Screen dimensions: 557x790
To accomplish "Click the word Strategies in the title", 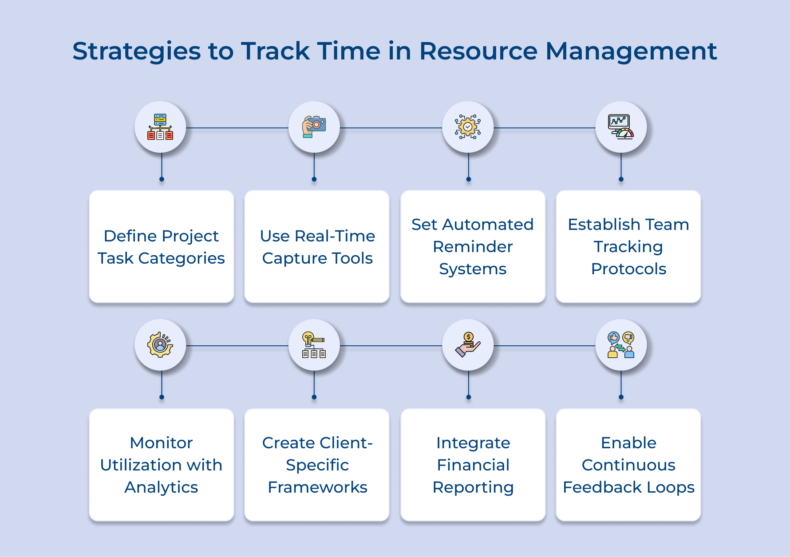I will point(137,51).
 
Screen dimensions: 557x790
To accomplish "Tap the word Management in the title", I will point(631,51).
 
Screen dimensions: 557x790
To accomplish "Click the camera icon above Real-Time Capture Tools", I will point(314,127).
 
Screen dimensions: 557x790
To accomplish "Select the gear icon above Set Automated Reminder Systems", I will point(468,127).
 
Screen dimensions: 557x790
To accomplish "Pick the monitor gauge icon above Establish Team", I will point(621,127).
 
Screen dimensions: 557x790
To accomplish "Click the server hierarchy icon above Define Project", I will point(160,127).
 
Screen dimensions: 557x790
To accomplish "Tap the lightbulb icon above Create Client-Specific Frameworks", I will point(314,345).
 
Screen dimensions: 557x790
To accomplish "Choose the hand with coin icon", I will point(468,345).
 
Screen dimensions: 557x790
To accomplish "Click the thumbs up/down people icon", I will point(621,345).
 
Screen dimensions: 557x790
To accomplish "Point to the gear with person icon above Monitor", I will point(160,345).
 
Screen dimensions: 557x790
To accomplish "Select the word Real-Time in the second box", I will point(335,236).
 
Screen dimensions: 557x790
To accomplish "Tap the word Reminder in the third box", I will point(473,247).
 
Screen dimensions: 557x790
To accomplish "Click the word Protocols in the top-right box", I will point(628,269).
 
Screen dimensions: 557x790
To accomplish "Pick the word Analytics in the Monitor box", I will point(161,487).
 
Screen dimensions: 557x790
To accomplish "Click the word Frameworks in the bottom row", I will point(317,487).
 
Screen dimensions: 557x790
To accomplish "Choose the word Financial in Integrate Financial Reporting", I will point(473,465).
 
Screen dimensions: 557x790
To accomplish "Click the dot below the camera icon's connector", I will point(314,179).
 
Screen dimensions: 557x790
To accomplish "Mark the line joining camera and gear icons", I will point(391,128).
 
